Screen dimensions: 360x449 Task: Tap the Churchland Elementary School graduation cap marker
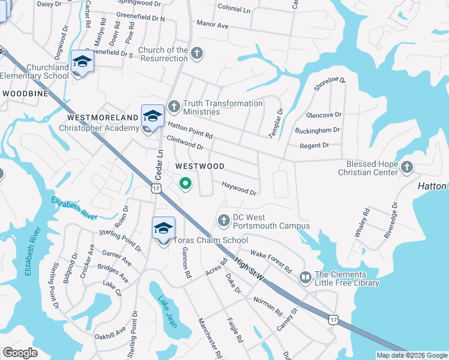click(x=82, y=62)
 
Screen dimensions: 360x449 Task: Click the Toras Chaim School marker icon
click(x=163, y=229)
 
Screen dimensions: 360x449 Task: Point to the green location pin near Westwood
click(x=186, y=184)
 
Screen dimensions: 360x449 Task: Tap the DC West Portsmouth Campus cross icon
click(x=224, y=221)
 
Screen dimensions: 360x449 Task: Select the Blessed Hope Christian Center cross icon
click(x=407, y=167)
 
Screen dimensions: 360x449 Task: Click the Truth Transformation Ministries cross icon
click(x=174, y=106)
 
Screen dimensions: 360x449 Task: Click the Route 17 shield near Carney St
click(x=333, y=319)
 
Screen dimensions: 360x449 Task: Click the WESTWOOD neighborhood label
click(x=200, y=166)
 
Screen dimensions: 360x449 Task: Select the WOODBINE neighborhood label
click(x=25, y=94)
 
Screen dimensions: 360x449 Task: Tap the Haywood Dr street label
click(x=240, y=189)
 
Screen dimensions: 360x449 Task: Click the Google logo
click(x=20, y=353)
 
